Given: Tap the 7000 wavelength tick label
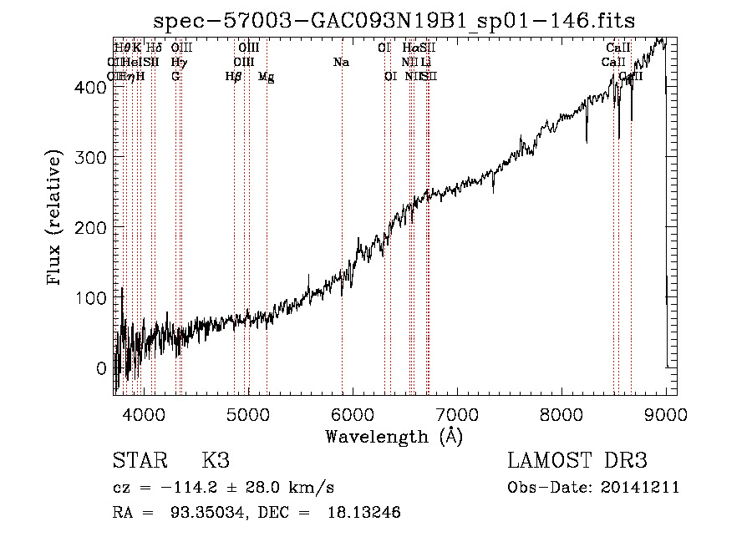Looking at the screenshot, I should tap(456, 414).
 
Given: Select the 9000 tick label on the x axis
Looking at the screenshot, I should tap(665, 414).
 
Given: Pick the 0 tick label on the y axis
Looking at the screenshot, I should tap(101, 368).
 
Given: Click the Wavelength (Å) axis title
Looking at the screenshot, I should tap(394, 436).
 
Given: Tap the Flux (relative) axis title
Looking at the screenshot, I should tap(56, 219).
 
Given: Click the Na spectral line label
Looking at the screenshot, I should tap(341, 62).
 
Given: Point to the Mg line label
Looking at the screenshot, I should tap(266, 77).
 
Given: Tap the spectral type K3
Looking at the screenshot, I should tap(215, 461).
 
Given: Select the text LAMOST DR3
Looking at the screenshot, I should tap(577, 461).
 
